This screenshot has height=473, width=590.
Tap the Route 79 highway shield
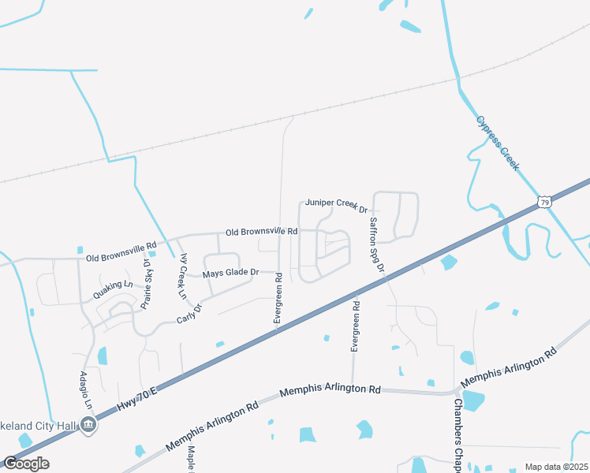[544, 203]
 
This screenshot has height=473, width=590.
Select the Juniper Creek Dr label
[338, 206]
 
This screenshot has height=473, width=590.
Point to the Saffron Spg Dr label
[376, 244]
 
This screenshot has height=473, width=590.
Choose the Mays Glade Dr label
[230, 273]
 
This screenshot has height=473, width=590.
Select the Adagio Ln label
[88, 391]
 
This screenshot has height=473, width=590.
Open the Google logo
[26, 463]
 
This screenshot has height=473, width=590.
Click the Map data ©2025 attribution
[555, 467]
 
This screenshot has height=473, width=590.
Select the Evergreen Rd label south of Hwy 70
[356, 326]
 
